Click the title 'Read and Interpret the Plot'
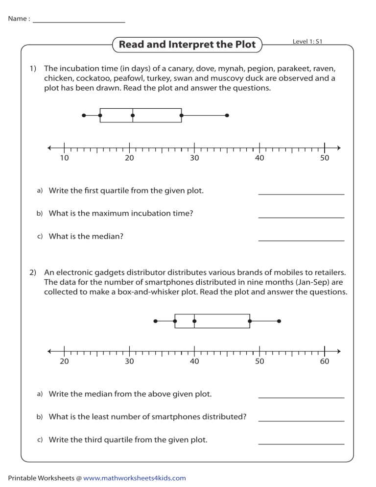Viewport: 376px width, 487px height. (x=187, y=45)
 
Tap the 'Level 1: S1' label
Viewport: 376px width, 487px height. (x=307, y=42)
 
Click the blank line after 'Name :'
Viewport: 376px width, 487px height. (x=79, y=22)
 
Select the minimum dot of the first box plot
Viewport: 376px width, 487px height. (x=84, y=115)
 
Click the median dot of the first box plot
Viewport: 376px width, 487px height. (x=133, y=115)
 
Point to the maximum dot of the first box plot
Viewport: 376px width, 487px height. (x=227, y=115)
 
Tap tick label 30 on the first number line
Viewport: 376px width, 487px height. (x=194, y=158)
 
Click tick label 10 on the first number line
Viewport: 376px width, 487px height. (x=64, y=158)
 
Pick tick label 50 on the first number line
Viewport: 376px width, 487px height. (x=325, y=158)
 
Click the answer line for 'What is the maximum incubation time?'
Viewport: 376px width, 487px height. (x=301, y=217)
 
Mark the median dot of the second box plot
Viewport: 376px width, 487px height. (x=194, y=321)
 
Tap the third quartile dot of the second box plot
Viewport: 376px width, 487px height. (x=250, y=321)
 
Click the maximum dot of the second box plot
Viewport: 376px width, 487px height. (x=279, y=321)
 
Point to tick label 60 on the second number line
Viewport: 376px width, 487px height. (x=325, y=362)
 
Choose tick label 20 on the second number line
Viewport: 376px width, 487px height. (x=64, y=362)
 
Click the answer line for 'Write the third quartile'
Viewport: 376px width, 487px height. (x=301, y=443)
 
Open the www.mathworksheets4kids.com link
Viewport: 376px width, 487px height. (x=135, y=478)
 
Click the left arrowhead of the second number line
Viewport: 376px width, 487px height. (x=49, y=351)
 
